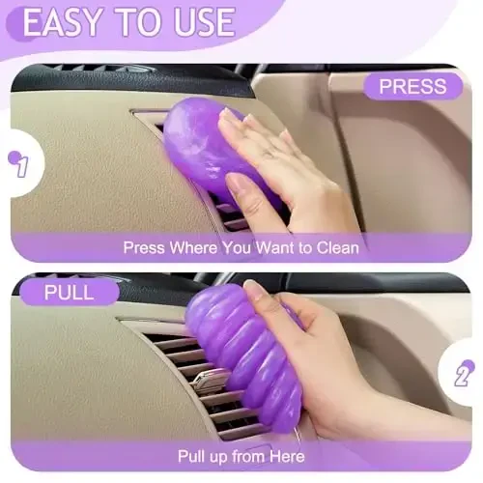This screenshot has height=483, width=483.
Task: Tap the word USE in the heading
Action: pos(198,21)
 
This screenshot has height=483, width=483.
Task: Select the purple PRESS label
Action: pos(412,87)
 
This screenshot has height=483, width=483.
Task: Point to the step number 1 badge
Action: pos(19,166)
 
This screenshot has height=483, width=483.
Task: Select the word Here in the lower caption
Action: pos(287,456)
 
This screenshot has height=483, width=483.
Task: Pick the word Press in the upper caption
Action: pos(146,248)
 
